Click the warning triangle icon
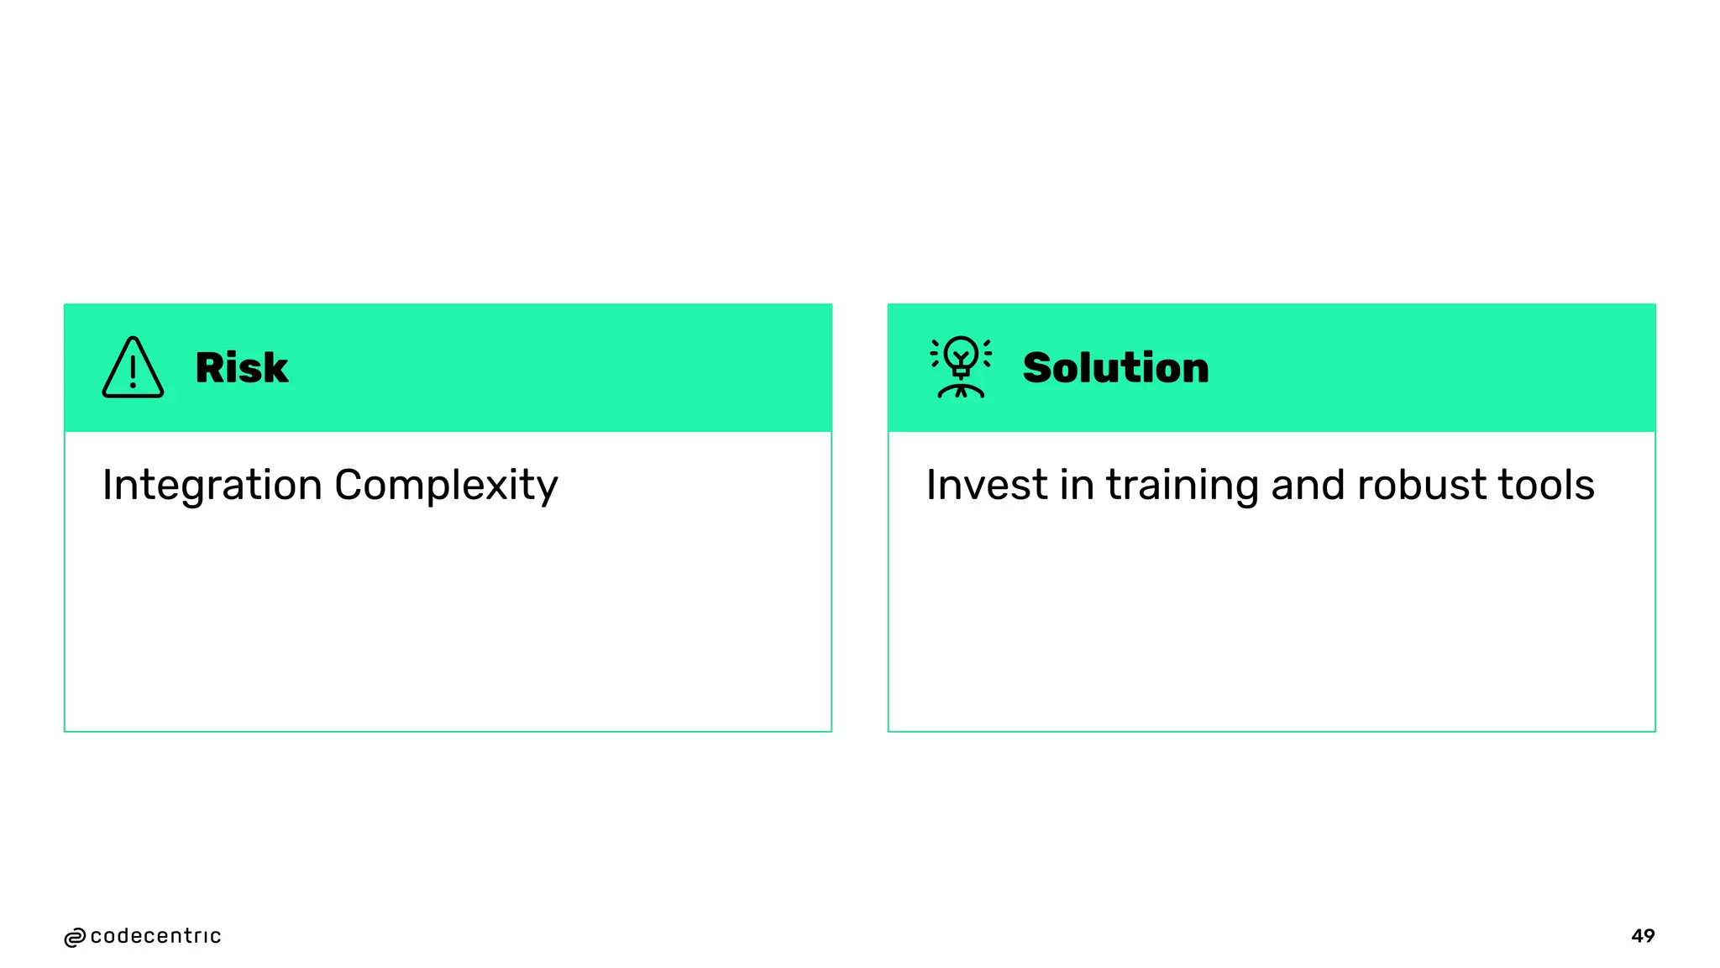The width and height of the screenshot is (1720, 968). click(x=133, y=368)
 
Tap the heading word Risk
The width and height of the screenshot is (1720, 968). click(x=241, y=368)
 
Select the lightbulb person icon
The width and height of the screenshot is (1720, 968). click(x=961, y=368)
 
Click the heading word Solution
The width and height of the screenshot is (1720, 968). click(x=1115, y=368)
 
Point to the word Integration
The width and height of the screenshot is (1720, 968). click(x=212, y=486)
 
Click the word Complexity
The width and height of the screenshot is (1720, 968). click(x=446, y=486)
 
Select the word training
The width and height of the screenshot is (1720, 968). click(x=1182, y=486)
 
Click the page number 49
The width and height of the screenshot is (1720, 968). click(x=1643, y=936)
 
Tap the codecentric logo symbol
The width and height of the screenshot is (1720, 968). click(x=75, y=938)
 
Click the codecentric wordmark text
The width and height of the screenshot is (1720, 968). click(x=155, y=936)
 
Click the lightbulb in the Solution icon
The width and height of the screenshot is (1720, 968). click(x=961, y=355)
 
